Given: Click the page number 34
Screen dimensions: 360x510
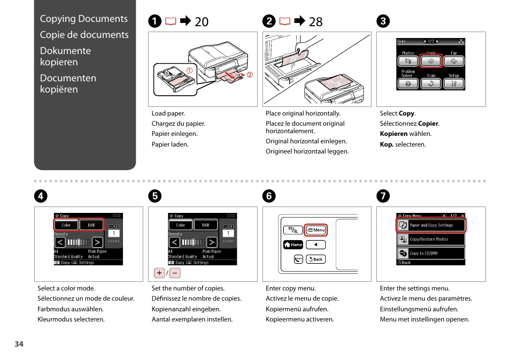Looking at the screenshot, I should (x=19, y=344).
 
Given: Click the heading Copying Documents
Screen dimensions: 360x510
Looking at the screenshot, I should (x=84, y=19).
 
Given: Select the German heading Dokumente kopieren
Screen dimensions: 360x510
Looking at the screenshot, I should (x=65, y=56).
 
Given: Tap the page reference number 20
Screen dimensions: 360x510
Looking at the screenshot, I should (x=202, y=21).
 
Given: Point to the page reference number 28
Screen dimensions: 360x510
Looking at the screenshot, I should (x=315, y=21).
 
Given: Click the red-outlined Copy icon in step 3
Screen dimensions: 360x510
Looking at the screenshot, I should (x=431, y=61).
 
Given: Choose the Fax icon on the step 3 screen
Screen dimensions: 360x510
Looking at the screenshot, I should (x=454, y=61).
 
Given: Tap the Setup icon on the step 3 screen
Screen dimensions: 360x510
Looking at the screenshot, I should (x=454, y=83).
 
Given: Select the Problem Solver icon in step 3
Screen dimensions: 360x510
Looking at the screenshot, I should (x=408, y=83).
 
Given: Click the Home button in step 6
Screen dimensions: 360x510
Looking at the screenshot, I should (x=293, y=244).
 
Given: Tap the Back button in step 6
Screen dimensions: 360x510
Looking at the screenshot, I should (x=316, y=259).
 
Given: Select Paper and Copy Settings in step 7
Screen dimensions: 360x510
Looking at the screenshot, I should (x=431, y=225).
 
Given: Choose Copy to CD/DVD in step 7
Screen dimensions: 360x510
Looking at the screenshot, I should (x=431, y=253).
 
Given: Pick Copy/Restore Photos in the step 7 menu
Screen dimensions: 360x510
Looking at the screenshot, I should (x=431, y=239).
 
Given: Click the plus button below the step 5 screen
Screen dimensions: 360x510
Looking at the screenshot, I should (x=159, y=273).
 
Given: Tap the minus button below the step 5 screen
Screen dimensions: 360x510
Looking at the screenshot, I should (x=175, y=273).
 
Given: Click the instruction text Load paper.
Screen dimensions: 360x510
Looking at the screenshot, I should (x=168, y=113).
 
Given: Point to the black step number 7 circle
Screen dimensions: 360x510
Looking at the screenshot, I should (x=382, y=196).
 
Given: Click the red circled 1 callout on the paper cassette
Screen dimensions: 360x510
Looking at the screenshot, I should (x=189, y=70).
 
